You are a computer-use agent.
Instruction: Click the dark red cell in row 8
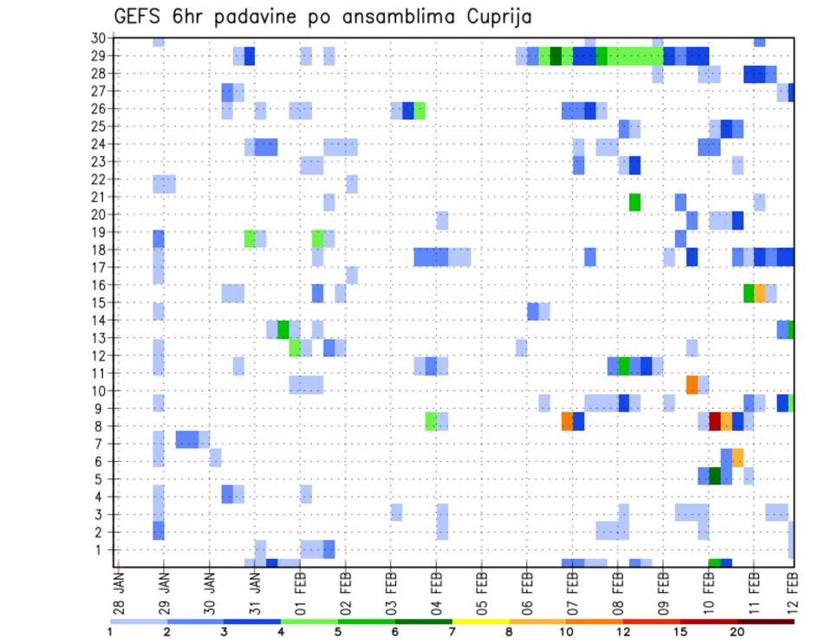coord(715,421)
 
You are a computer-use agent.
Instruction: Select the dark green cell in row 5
coord(715,476)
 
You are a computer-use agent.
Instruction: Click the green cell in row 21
coord(635,202)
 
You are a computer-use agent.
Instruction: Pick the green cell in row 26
coord(419,110)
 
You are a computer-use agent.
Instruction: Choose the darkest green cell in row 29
coord(556,56)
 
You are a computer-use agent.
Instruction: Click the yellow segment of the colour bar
coord(480,620)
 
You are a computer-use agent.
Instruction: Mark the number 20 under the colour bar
coord(738,632)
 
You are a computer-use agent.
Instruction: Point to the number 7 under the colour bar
coord(452,632)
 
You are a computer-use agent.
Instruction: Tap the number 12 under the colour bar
coord(623,632)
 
